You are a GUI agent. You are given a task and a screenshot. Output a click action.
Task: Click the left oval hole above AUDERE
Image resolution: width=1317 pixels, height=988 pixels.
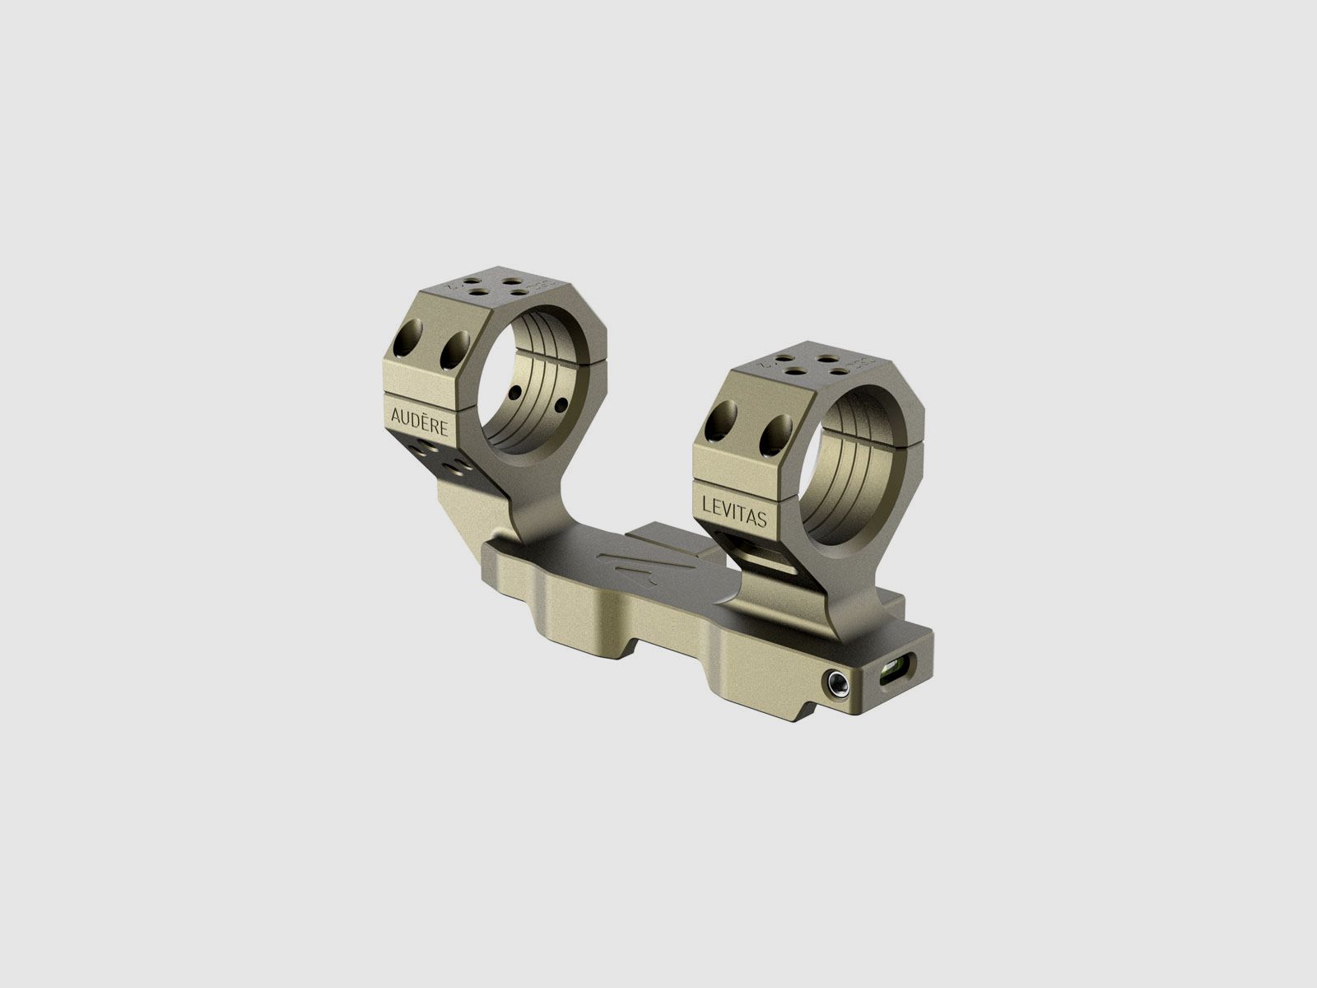click(409, 340)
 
